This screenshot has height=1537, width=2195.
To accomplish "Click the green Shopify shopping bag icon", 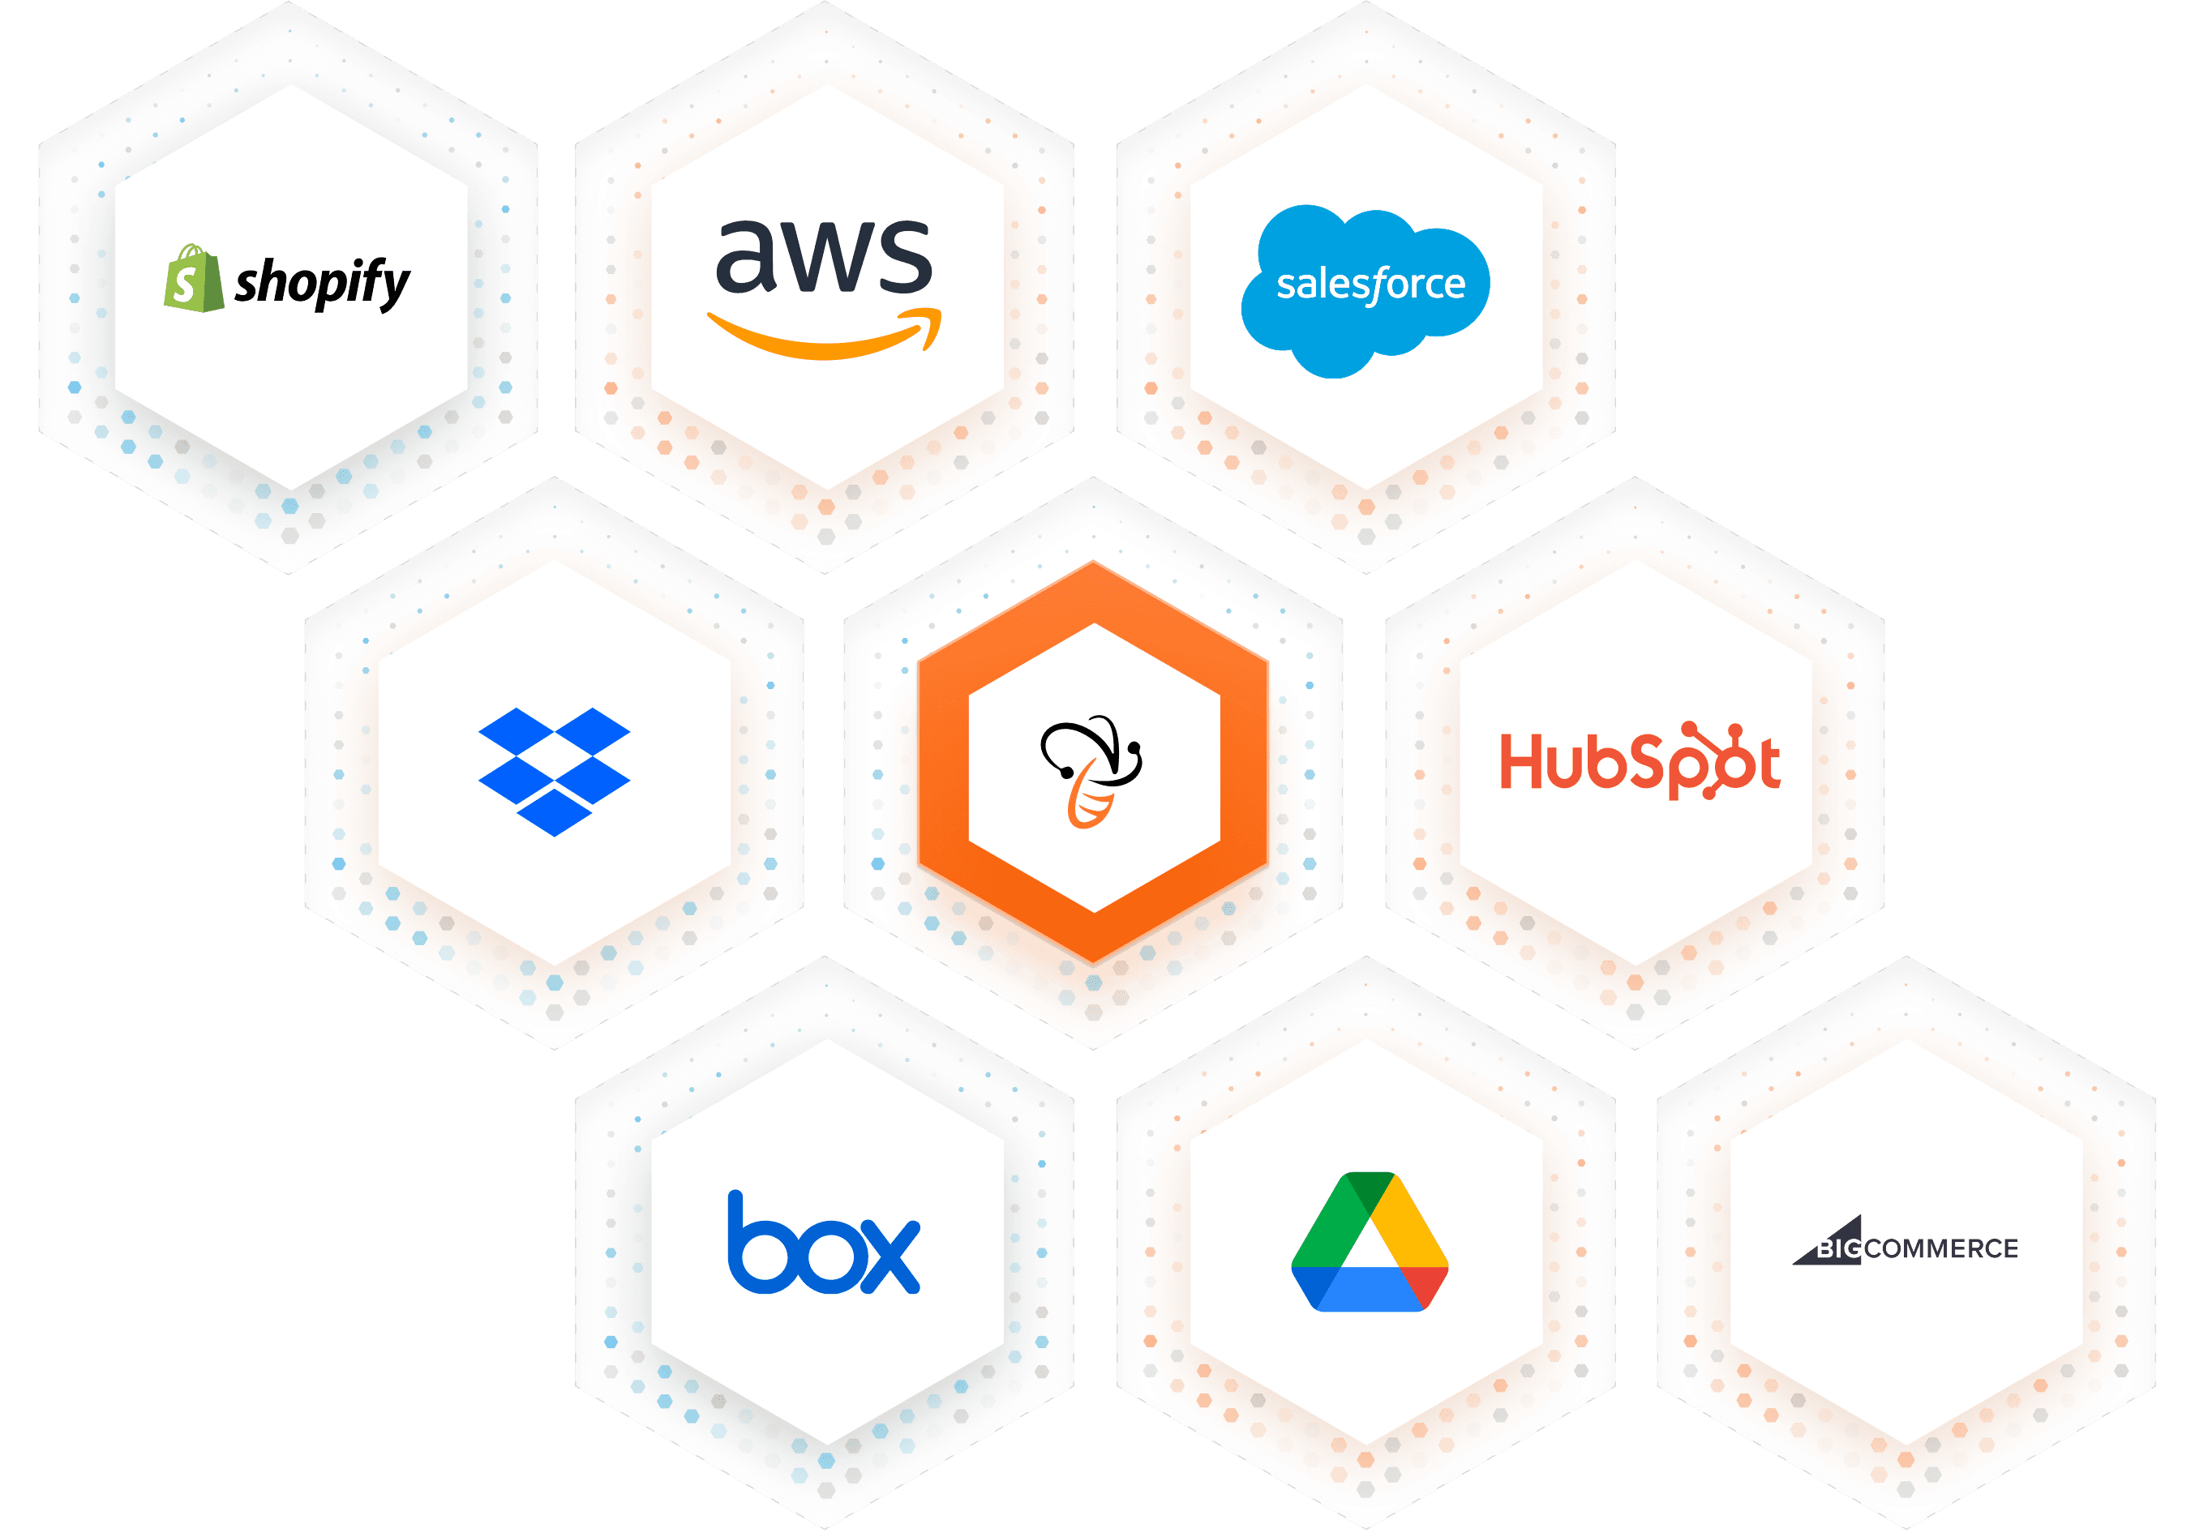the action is coord(193,279).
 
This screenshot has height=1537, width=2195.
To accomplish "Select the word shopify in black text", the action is coord(322,283).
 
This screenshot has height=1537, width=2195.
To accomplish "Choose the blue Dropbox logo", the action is coord(554,770).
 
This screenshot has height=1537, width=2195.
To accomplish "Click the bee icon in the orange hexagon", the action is coord(1091,770).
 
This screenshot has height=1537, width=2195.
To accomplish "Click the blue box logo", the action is coord(823,1243).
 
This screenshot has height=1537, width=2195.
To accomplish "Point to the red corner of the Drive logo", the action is coord(1426,1287).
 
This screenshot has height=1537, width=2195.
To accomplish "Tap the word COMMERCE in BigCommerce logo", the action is coord(1940,1248).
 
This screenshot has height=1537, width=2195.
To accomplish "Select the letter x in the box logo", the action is coord(887,1256).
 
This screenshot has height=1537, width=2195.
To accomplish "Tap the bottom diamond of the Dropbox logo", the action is coord(554,812).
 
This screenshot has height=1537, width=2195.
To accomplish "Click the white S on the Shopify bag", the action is coord(186,285).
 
